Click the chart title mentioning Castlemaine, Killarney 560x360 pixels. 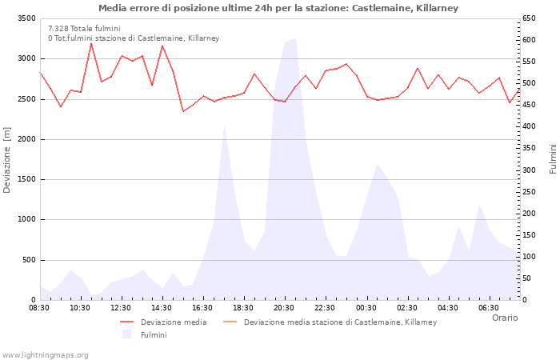[278, 8]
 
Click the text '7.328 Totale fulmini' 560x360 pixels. [84, 29]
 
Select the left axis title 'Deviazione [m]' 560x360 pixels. [8, 159]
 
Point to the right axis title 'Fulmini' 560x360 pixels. [552, 159]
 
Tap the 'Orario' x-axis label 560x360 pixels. [504, 318]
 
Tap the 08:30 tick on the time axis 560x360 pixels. [39, 307]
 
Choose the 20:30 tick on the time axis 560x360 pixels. [284, 307]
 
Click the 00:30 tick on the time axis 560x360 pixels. [366, 307]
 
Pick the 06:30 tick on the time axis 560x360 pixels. [488, 307]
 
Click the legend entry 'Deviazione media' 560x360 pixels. [173, 322]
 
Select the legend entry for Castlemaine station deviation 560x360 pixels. [340, 322]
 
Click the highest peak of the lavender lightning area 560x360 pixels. [294, 38]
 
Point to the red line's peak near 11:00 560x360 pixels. [91, 43]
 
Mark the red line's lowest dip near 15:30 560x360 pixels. [183, 111]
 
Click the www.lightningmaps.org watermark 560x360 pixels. [46, 354]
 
